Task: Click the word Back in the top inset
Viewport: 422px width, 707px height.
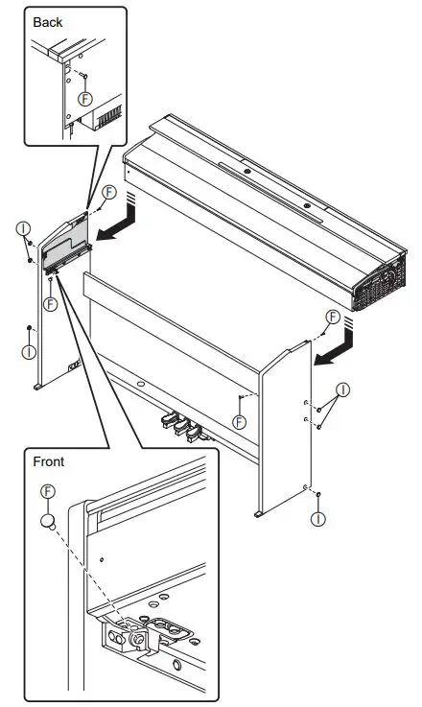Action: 47,20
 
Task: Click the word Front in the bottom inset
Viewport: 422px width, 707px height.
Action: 48,460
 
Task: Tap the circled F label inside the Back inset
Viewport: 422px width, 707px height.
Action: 86,100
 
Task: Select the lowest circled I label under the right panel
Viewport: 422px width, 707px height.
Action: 317,519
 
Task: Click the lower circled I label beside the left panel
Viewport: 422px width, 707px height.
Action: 29,352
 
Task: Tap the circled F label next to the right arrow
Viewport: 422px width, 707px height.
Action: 332,317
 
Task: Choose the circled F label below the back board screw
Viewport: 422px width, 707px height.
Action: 240,421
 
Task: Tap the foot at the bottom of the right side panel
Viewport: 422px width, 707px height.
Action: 259,516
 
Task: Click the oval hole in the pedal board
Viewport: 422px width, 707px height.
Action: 141,384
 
